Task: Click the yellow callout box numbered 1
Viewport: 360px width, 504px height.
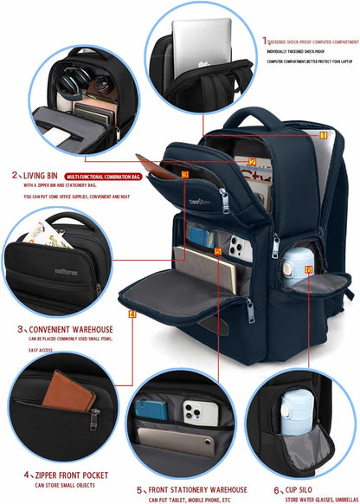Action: [x=323, y=135]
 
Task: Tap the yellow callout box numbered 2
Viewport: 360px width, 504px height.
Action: [x=252, y=161]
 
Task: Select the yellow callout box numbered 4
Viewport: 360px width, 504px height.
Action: [x=132, y=313]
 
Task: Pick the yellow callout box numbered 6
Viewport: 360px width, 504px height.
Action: [x=308, y=268]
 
